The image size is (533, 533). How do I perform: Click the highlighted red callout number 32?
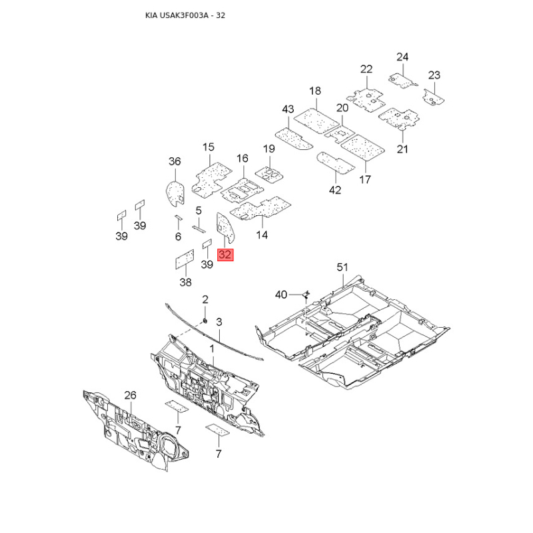point(225,254)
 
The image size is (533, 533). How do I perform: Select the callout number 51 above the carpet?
point(342,267)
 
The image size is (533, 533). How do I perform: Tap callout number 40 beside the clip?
point(282,294)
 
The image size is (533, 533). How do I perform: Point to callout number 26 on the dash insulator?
point(129,395)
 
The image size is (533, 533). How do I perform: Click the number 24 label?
point(402,57)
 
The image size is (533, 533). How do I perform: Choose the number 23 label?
point(434,75)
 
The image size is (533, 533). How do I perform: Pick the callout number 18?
point(315,91)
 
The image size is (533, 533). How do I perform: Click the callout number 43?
point(288,109)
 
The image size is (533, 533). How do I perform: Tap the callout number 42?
point(334,190)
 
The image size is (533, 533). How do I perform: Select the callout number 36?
point(175,162)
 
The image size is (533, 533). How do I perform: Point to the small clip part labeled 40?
point(305,292)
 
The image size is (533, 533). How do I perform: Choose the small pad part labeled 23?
point(434,99)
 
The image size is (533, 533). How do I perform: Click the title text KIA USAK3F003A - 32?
point(185,15)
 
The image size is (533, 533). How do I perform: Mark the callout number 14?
point(262,235)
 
